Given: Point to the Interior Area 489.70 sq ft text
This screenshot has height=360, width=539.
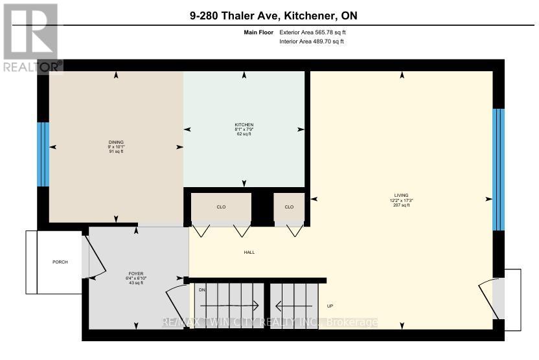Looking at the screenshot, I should click(x=312, y=41).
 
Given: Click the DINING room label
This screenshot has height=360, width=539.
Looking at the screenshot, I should click(x=116, y=142).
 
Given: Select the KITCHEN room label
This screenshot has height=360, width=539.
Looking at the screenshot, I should click(x=244, y=124).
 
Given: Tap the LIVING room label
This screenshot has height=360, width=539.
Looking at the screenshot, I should click(x=402, y=196).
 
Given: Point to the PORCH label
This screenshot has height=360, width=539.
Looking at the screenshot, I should click(x=60, y=262).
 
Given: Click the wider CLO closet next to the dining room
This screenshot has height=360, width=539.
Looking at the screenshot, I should click(x=221, y=207).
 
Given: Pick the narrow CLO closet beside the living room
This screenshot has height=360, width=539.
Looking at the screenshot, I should click(x=289, y=207).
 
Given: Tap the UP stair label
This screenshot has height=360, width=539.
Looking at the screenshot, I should click(x=330, y=306).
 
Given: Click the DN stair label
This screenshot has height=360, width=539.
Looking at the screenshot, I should click(x=201, y=289).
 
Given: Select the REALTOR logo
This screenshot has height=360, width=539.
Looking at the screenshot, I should click(x=31, y=37).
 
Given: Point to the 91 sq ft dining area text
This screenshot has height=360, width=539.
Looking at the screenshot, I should click(x=116, y=152).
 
